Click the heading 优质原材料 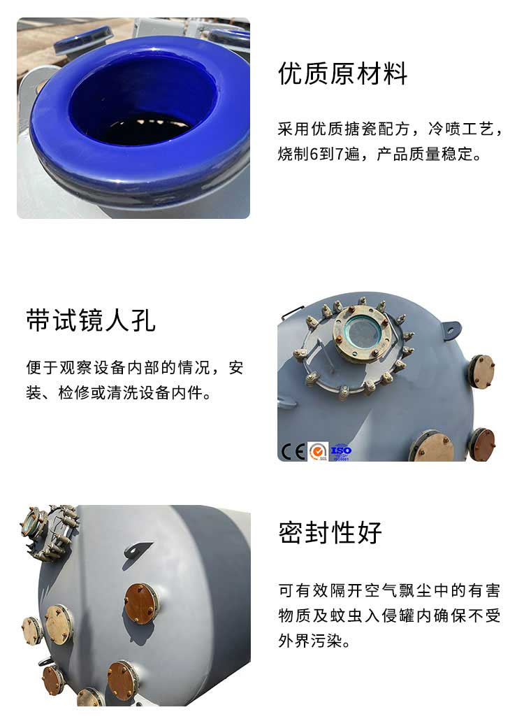point(342,73)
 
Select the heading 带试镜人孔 point(91,320)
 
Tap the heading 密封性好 point(330,532)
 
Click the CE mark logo point(292,451)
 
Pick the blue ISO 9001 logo point(341,451)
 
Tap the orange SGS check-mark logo point(318,451)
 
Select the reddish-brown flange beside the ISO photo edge point(482,444)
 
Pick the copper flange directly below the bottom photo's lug point(140,602)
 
